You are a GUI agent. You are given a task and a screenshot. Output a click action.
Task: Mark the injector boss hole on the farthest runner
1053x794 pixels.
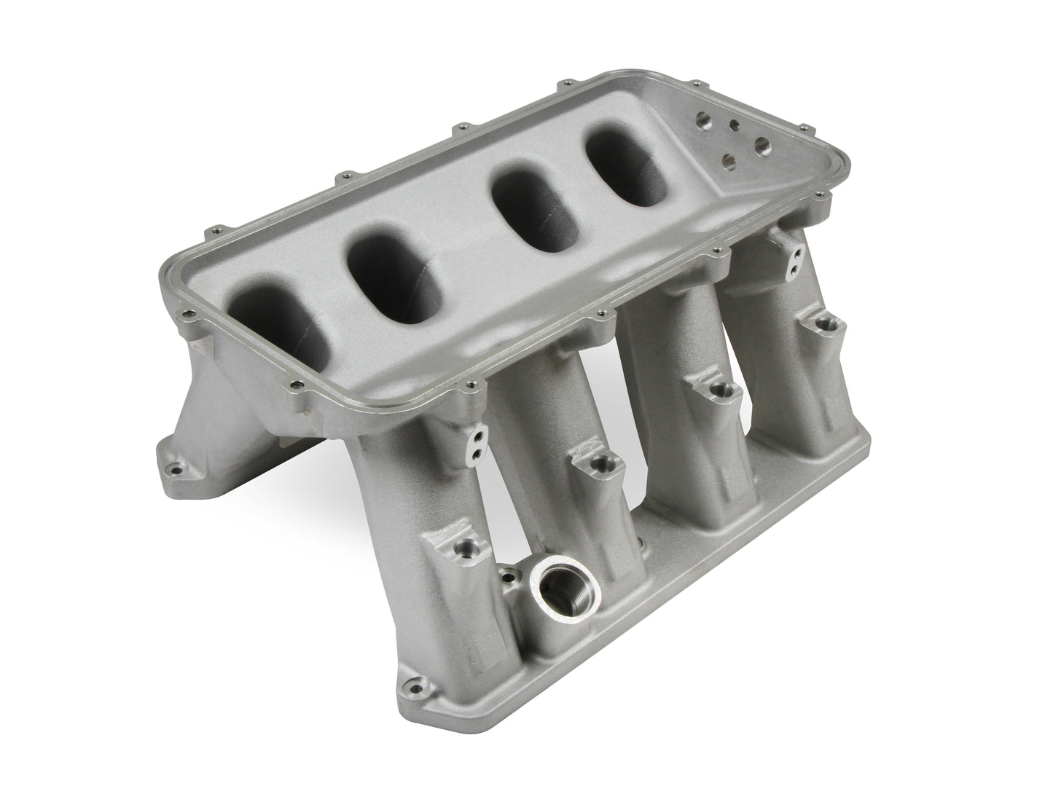click(x=828, y=322)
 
